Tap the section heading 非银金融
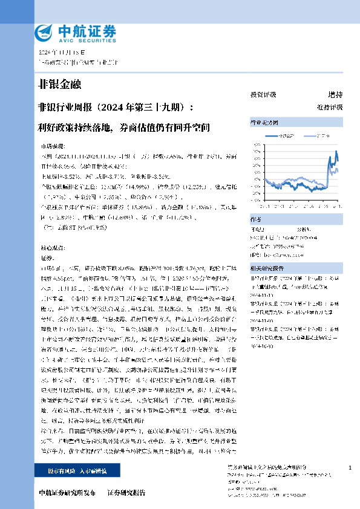tap(59, 85)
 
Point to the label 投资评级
tap(263, 95)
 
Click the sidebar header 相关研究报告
tap(268, 267)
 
